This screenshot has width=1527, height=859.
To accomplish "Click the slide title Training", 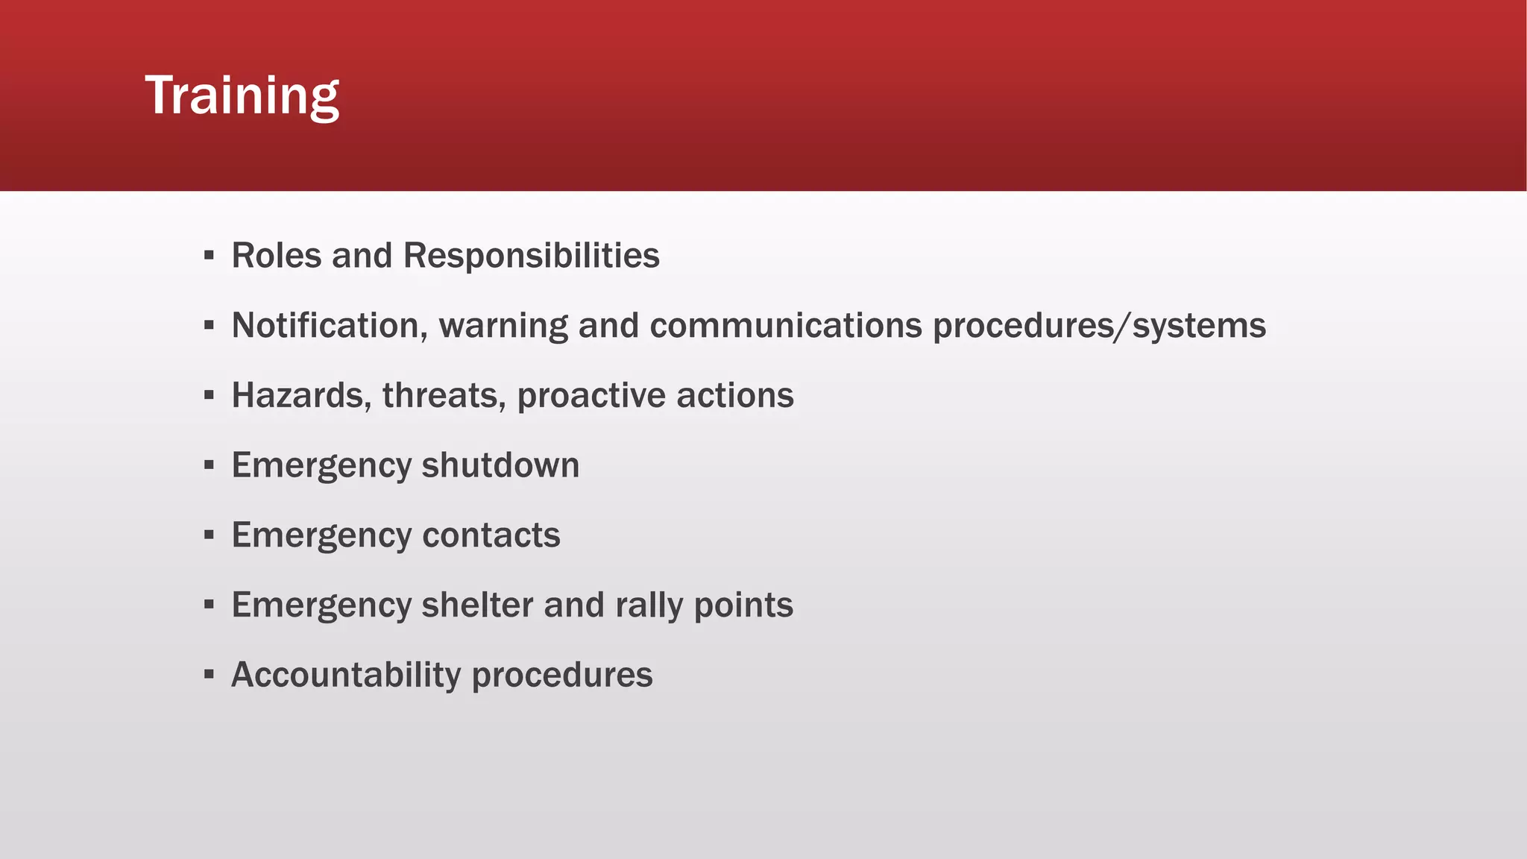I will click(242, 95).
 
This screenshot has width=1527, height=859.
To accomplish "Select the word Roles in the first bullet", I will click(276, 256).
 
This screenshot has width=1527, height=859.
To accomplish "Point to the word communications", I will click(786, 326).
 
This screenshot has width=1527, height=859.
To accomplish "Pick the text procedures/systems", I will click(1099, 326).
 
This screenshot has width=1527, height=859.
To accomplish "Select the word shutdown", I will click(500, 465).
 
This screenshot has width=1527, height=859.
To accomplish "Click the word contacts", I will click(491, 535).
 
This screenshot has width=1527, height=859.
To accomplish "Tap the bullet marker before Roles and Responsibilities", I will click(209, 256).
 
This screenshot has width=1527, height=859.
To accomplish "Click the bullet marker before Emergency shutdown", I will click(209, 465).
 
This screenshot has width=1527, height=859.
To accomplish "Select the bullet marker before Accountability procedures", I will click(209, 675).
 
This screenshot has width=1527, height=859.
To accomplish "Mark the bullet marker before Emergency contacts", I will click(209, 535).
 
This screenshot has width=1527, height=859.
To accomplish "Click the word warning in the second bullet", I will click(503, 326).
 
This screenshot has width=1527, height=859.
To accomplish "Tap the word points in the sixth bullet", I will click(743, 605).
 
